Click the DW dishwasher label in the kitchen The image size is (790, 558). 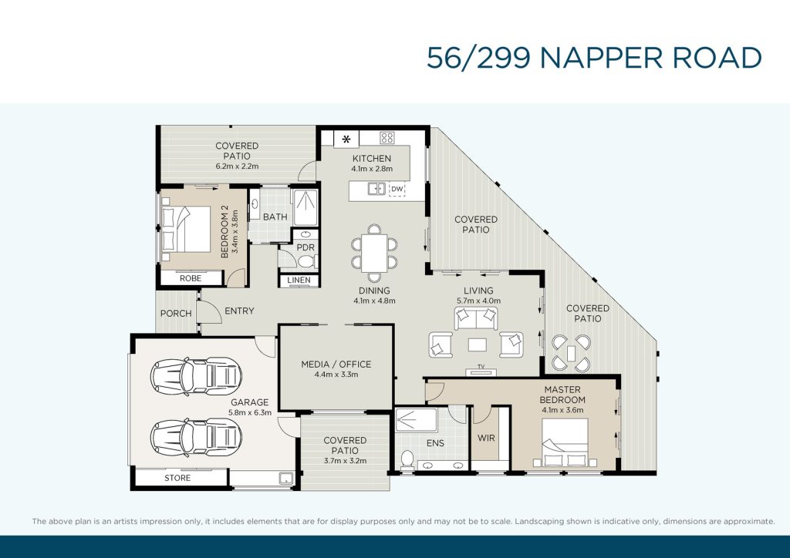[x=397, y=189]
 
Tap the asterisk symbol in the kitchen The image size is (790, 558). [x=346, y=139]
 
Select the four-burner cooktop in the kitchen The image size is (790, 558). [x=387, y=138]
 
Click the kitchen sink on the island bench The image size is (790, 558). [x=376, y=189]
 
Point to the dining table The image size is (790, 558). [x=374, y=253]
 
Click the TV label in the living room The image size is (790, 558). [x=481, y=366]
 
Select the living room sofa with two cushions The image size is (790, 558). [x=476, y=318]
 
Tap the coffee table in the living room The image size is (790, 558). [x=477, y=345]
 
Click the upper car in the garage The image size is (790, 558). [x=196, y=376]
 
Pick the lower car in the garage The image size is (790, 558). [x=196, y=437]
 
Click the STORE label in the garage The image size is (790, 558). [x=177, y=478]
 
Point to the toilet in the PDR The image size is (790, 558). [x=307, y=261]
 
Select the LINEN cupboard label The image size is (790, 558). [x=299, y=281]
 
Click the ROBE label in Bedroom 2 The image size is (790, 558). [x=191, y=278]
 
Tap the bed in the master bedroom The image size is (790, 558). [x=565, y=442]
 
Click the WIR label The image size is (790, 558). [x=486, y=439]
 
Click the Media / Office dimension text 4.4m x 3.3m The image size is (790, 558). [x=336, y=375]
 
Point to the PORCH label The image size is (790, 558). [x=176, y=314]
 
